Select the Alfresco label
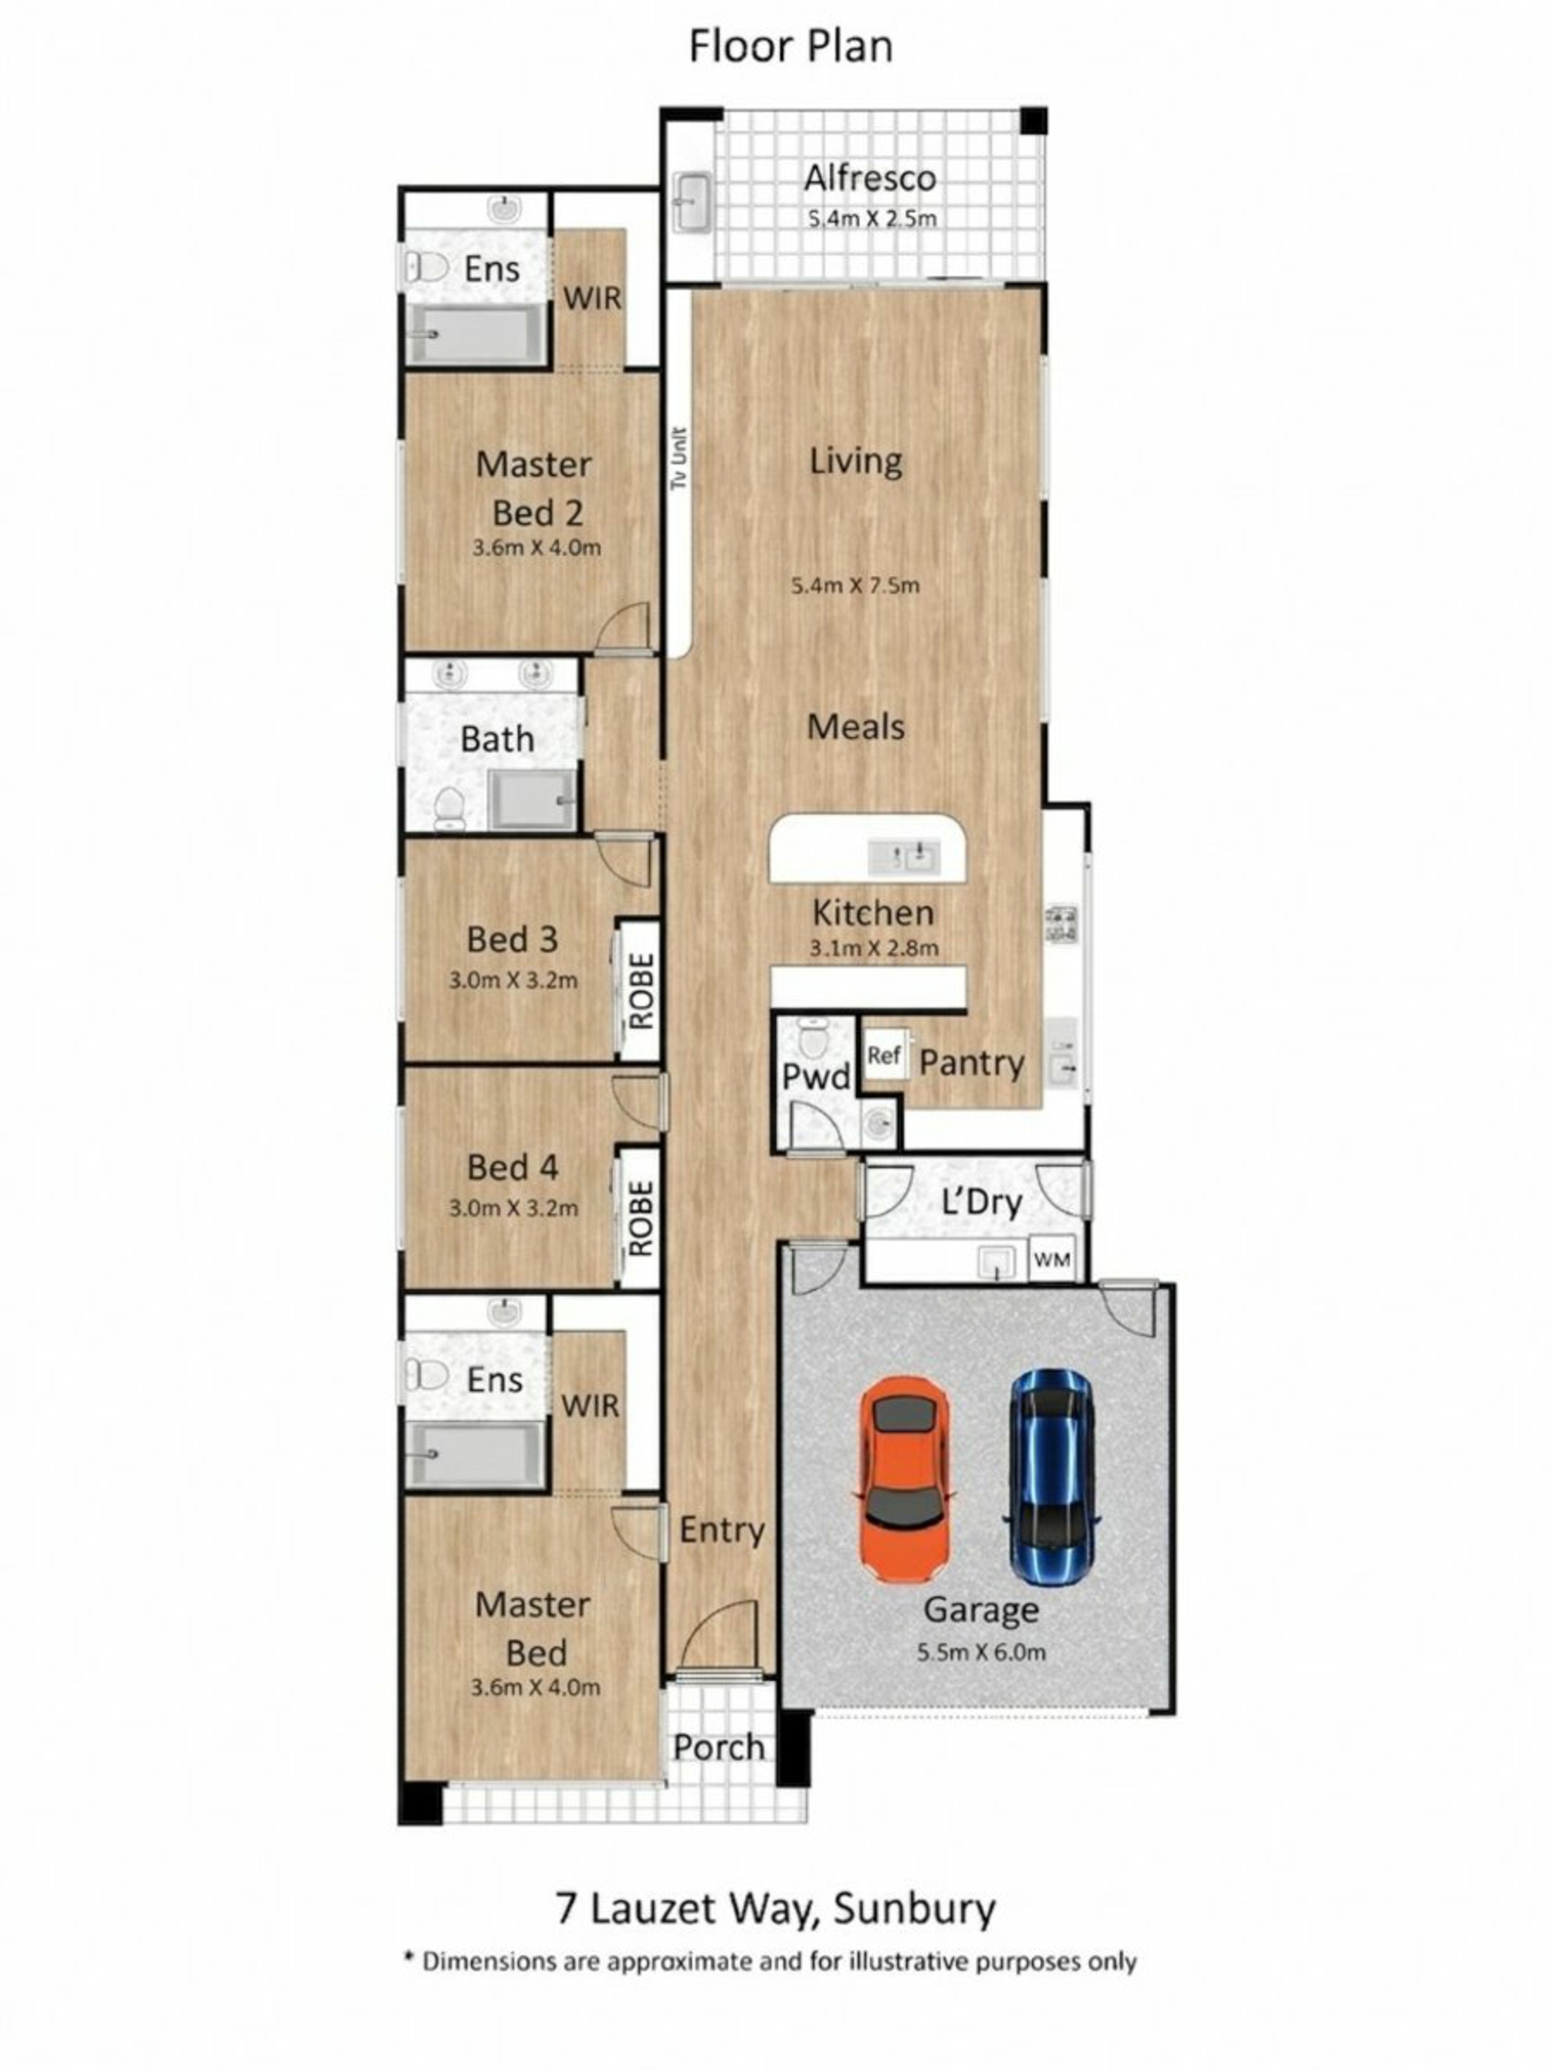click(x=870, y=178)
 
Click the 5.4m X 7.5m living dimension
click(x=856, y=586)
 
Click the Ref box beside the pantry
click(x=882, y=1055)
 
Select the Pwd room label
click(x=815, y=1077)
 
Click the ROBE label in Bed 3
click(x=641, y=990)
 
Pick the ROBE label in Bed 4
click(x=641, y=1218)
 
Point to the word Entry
click(x=721, y=1530)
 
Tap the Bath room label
click(x=497, y=739)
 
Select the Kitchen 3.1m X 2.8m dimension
click(x=874, y=947)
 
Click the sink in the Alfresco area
click(x=692, y=201)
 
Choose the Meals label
click(x=856, y=726)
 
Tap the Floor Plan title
click(x=791, y=47)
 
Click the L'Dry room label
click(x=981, y=1201)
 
